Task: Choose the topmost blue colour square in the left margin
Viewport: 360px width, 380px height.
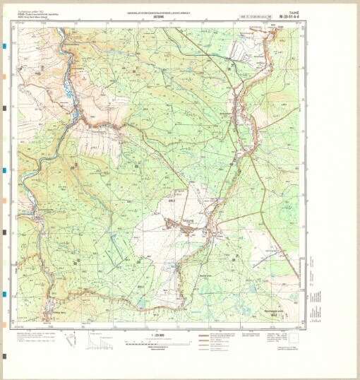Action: pos(4,45)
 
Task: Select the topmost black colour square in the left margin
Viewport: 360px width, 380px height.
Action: pos(4,107)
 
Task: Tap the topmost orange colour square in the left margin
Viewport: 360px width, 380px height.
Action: pos(4,76)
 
